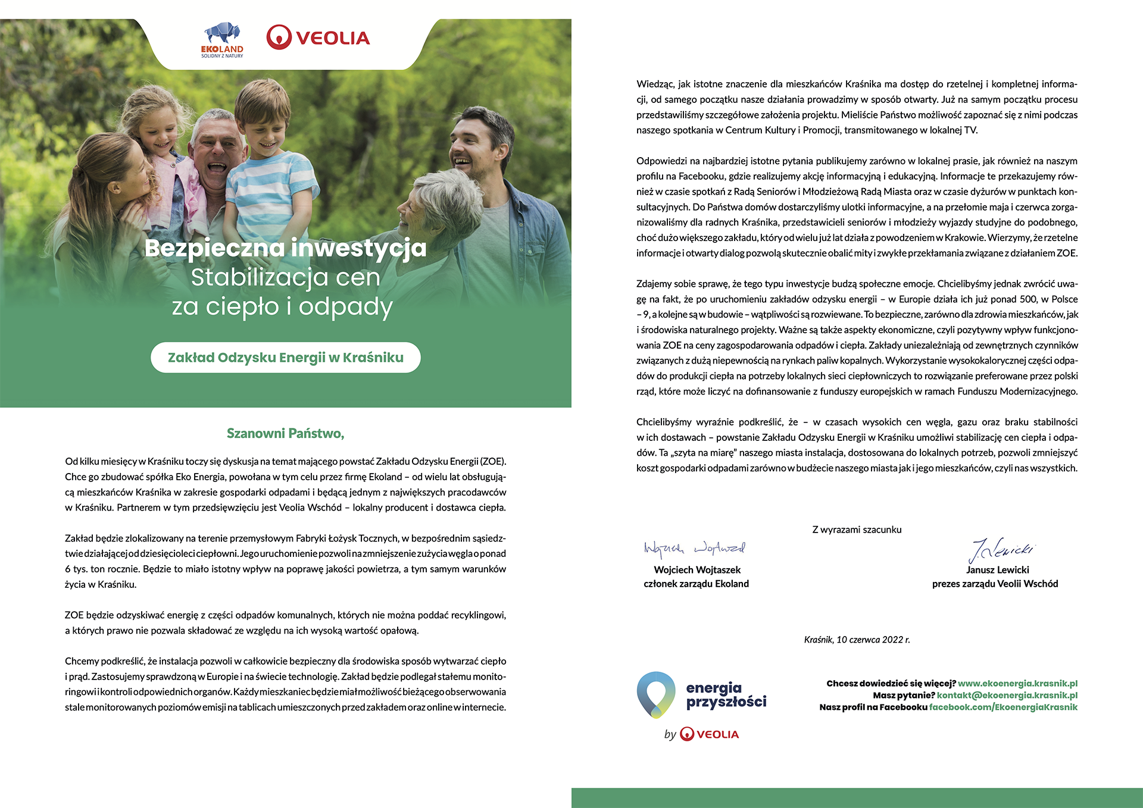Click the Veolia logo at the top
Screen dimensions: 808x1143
(x=318, y=37)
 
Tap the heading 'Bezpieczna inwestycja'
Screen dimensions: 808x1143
(x=286, y=248)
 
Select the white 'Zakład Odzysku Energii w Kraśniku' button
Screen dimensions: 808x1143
(x=286, y=358)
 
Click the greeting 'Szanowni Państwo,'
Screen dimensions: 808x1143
(x=286, y=433)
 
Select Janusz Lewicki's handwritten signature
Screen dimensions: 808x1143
(x=1001, y=549)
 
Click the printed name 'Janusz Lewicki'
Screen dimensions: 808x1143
(x=998, y=570)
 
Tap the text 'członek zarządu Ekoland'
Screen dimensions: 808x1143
(x=696, y=584)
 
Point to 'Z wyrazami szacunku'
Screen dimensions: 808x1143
(x=857, y=530)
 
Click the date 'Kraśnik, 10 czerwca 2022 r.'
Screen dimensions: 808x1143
(x=857, y=640)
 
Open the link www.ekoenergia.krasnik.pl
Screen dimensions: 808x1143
(x=1017, y=684)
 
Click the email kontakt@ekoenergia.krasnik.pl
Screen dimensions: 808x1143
(x=1007, y=696)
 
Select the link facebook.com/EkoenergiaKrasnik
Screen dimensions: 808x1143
(x=1003, y=707)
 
